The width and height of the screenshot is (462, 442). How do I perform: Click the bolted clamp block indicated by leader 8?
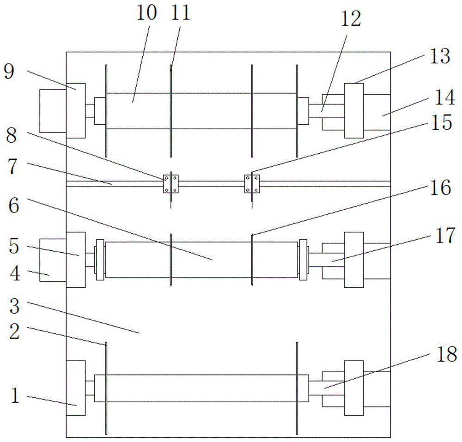(171, 184)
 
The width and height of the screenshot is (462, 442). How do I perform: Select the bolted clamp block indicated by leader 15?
(252, 184)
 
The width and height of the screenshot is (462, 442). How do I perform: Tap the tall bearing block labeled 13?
(354, 110)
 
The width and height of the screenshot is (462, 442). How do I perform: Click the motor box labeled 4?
(53, 260)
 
